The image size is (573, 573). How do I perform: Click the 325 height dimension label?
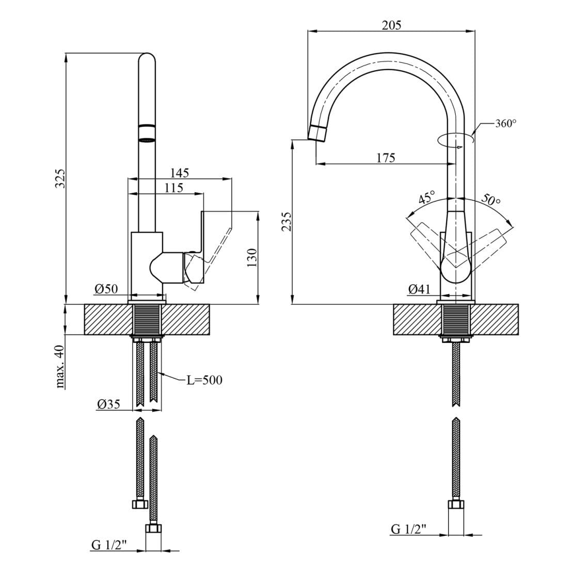60,178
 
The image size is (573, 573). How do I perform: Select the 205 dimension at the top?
391,25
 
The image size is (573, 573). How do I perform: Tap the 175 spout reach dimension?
385,158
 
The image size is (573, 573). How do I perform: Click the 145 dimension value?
179,173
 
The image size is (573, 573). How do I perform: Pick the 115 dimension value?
173,188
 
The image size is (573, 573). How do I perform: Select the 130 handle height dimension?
252,257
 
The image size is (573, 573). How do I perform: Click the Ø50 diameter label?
106,289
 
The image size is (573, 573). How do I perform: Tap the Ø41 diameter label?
419,290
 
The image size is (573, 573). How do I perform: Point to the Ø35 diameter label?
108,404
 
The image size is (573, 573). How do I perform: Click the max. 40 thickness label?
60,367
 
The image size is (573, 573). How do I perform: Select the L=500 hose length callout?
204,380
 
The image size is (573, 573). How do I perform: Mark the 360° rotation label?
505,123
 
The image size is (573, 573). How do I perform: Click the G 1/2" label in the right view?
408,529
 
